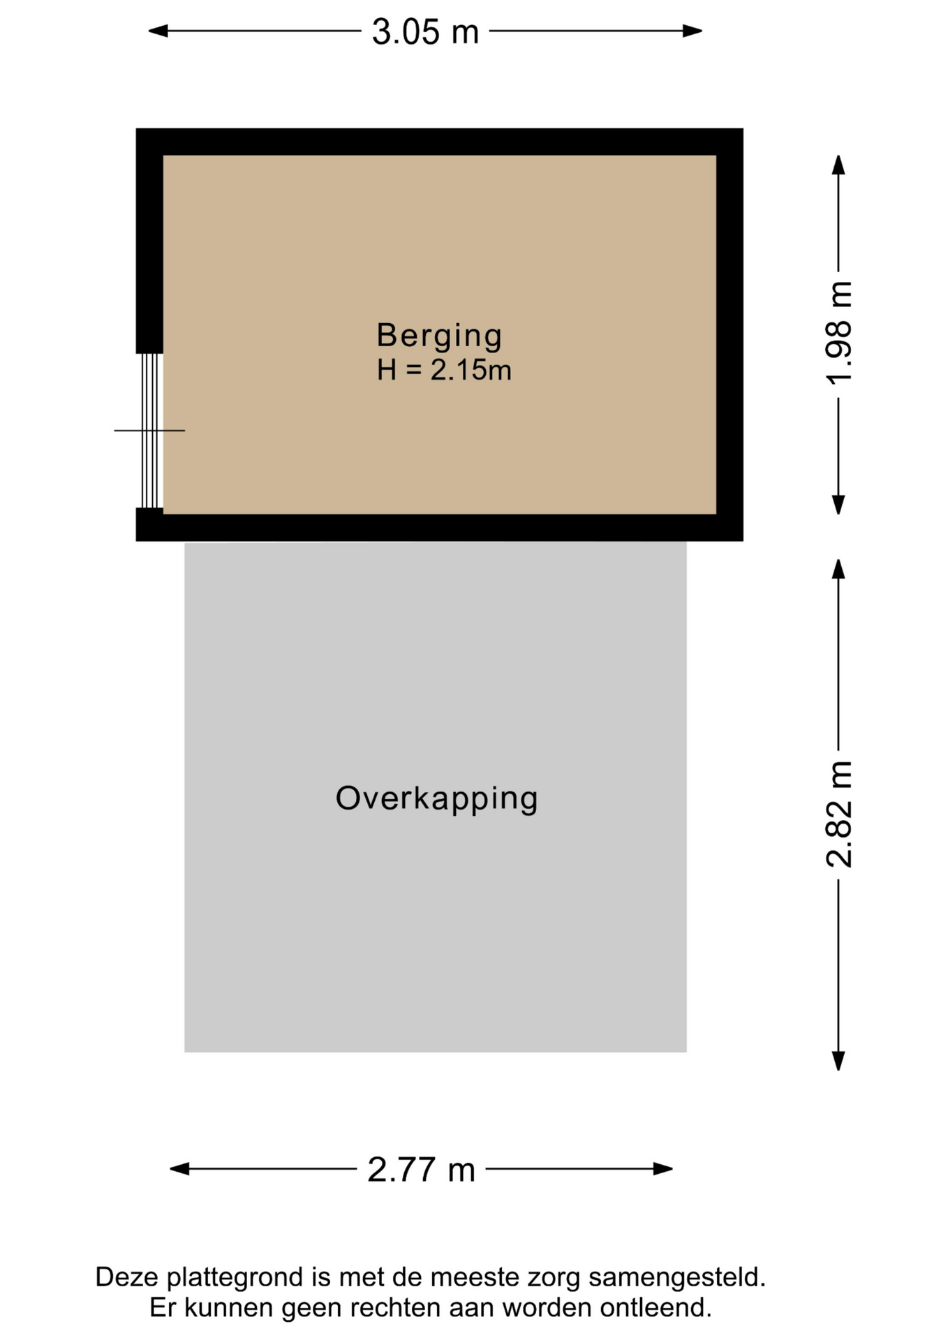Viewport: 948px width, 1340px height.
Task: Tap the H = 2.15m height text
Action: pyautogui.click(x=444, y=370)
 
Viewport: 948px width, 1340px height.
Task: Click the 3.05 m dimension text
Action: pyautogui.click(x=425, y=32)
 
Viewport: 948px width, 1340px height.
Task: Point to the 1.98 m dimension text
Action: pyautogui.click(x=839, y=333)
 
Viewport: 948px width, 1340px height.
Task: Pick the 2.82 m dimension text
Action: pyautogui.click(x=839, y=814)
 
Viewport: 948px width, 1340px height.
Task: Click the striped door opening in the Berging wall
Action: pyautogui.click(x=150, y=431)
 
